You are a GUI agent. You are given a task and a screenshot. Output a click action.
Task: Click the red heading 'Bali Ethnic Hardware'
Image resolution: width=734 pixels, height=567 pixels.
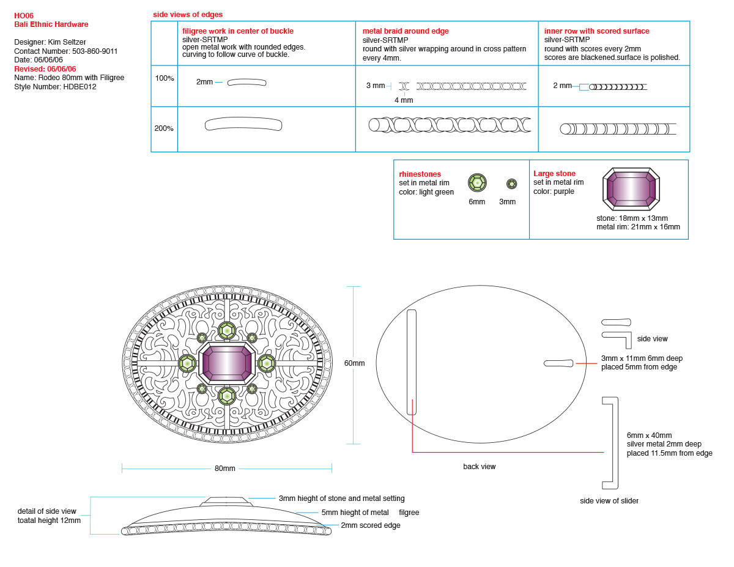tap(51, 24)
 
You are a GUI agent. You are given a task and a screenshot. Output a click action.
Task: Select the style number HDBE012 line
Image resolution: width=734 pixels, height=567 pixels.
tap(55, 87)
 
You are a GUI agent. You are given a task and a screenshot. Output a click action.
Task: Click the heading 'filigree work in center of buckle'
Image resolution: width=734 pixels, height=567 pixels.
tap(238, 31)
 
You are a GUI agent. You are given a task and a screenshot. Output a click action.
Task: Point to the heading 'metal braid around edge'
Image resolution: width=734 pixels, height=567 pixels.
tap(406, 31)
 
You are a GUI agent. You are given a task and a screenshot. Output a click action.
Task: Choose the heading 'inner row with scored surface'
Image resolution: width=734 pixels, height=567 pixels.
tap(597, 31)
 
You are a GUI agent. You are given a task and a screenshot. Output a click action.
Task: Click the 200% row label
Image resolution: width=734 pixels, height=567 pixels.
tap(164, 128)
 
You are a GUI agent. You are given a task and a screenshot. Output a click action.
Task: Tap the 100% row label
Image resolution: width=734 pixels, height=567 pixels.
tap(164, 79)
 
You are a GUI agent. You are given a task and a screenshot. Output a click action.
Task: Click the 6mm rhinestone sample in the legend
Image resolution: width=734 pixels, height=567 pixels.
tap(477, 182)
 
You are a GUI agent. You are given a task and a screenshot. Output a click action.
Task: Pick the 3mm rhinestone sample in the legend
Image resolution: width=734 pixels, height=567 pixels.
tap(511, 183)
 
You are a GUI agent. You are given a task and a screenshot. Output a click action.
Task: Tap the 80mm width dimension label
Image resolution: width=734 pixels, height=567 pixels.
tap(225, 469)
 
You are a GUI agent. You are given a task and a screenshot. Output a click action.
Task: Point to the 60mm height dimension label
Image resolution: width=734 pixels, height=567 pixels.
tap(354, 363)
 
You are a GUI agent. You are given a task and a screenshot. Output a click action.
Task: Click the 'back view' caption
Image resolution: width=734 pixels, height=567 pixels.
tap(479, 467)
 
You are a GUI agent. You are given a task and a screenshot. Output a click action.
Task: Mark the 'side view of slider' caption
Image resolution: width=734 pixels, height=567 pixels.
tap(609, 501)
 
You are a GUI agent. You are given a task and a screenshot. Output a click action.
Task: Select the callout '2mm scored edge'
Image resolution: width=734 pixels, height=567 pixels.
tap(371, 525)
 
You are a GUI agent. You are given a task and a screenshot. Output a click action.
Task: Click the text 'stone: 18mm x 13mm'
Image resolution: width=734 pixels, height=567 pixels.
tap(632, 218)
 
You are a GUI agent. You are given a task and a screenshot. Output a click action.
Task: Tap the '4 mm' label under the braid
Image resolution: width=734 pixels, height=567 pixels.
tap(404, 100)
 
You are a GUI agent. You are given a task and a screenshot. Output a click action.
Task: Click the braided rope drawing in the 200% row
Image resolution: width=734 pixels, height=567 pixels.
tap(450, 125)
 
